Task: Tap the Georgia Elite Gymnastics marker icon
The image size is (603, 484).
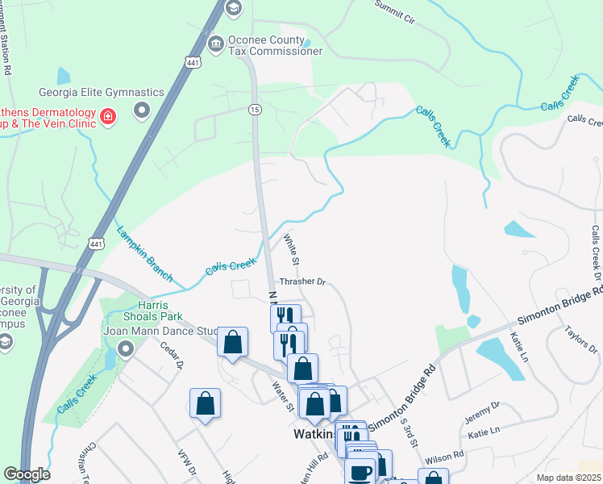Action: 143,110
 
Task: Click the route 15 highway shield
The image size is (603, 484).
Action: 255,110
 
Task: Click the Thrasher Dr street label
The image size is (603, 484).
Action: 301,282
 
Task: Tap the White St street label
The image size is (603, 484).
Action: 291,251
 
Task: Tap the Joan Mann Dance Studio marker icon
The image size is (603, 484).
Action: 126,349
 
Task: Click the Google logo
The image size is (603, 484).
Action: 27,474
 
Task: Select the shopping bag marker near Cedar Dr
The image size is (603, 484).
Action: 205,403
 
